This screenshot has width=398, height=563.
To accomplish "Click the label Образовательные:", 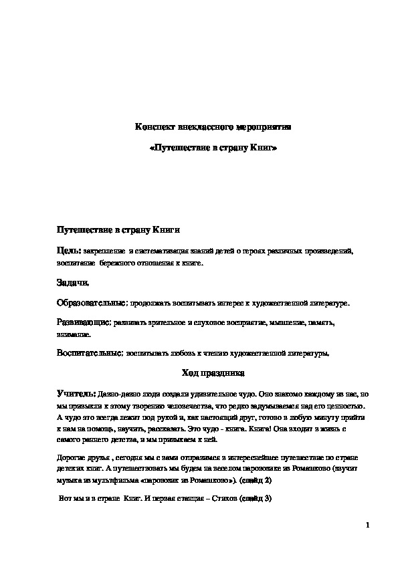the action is [92, 304].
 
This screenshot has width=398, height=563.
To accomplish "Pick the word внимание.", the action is [74, 333].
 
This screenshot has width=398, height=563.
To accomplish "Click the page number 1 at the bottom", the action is [368, 526].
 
